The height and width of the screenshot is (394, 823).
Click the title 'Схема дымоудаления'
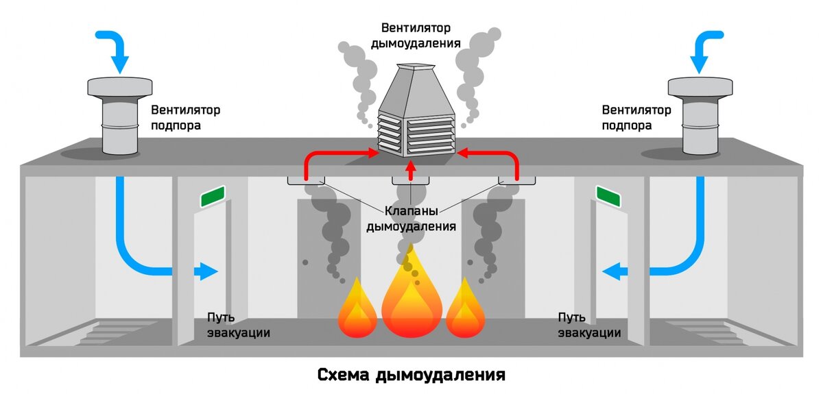point(411,375)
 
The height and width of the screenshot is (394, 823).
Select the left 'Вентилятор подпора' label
point(185,117)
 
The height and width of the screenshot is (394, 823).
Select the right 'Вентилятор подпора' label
point(636,117)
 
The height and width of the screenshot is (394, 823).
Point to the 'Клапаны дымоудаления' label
point(411,219)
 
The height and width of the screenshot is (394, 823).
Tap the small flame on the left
point(357,312)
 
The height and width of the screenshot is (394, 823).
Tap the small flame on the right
point(465,312)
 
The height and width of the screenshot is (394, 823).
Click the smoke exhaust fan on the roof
point(416,113)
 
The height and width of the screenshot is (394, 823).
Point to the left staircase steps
point(110,332)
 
